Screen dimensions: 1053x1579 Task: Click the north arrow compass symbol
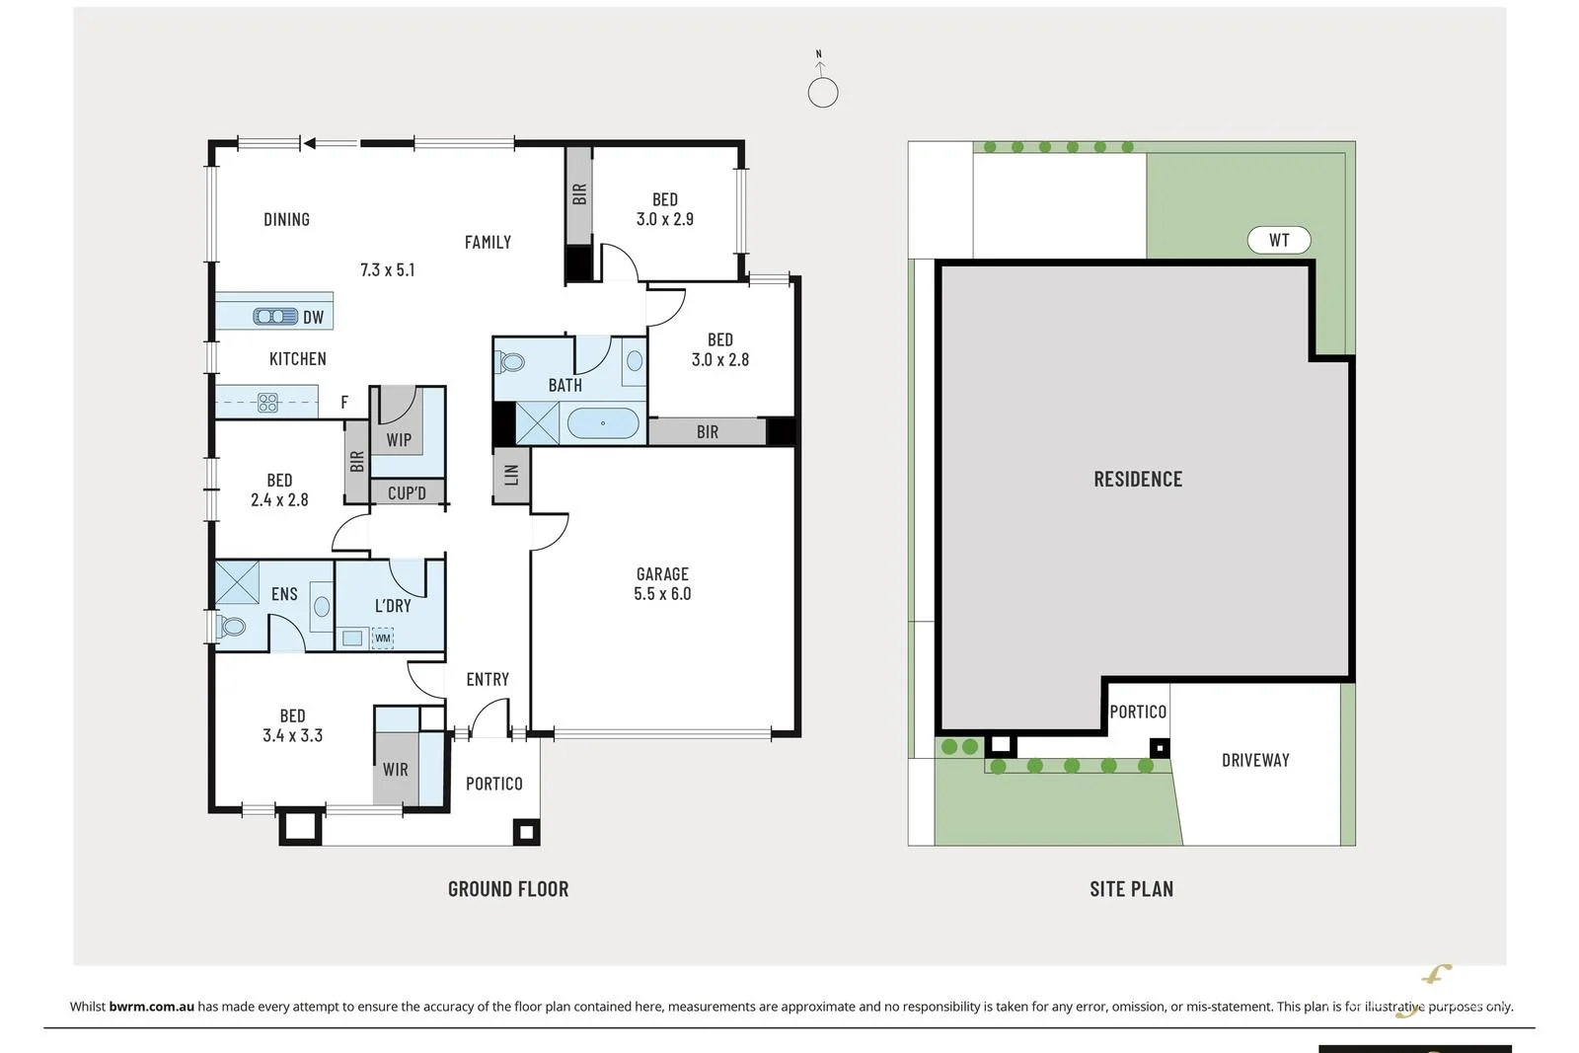coord(822,87)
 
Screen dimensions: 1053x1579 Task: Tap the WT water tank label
coord(1279,240)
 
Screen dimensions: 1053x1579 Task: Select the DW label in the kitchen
coord(313,317)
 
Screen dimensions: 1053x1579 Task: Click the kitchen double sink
coord(275,316)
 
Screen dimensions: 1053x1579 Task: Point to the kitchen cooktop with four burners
coord(267,402)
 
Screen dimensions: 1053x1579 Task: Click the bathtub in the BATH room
coord(602,423)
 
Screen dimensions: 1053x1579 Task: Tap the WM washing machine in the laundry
coord(383,639)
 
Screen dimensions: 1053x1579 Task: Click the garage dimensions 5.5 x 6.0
coord(662,594)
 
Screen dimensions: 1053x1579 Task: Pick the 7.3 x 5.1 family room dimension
coord(387,269)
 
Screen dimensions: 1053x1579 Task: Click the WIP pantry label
coord(399,440)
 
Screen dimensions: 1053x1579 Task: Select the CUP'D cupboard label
coord(407,492)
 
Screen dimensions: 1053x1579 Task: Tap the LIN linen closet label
coord(511,475)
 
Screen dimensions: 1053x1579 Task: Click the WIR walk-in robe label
coord(395,770)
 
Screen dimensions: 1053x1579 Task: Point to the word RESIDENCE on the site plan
coord(1137,480)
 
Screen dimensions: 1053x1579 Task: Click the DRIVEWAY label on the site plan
coord(1255,760)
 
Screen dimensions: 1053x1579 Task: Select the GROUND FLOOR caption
coord(508,889)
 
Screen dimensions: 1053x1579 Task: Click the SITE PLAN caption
coord(1131,889)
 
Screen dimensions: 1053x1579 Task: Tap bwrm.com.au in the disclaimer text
coord(152,1007)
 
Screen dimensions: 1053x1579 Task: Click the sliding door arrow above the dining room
coord(310,144)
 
